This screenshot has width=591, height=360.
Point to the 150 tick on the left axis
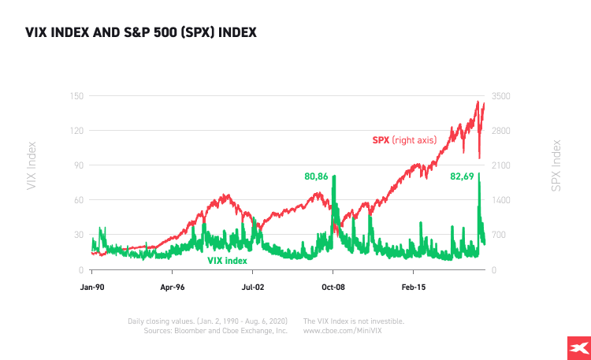[x=76, y=95]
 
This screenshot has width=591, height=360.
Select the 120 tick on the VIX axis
[x=76, y=130]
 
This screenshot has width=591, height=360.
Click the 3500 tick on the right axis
[x=500, y=95]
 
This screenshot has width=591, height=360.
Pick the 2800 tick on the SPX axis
[x=500, y=130]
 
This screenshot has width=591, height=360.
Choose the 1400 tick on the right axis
[x=500, y=200]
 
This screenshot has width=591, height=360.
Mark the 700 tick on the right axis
[x=499, y=235]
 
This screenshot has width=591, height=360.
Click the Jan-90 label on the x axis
[x=93, y=288]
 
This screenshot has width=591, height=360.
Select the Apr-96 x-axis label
[x=172, y=288]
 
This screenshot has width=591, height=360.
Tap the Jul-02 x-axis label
[x=253, y=288]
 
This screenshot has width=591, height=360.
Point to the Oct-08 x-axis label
[x=333, y=288]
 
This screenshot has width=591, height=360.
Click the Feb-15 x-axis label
[x=413, y=288]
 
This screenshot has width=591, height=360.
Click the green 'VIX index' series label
[x=227, y=261]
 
